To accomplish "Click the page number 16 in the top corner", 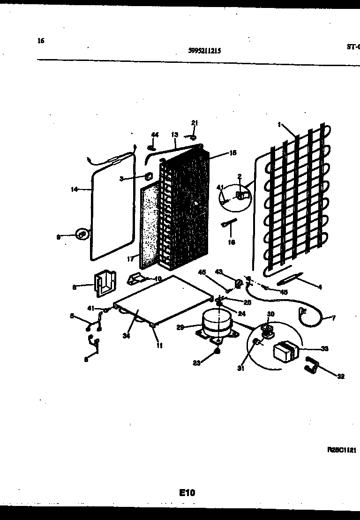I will click(41, 41).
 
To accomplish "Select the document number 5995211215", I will click(204, 51).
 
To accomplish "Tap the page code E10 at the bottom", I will click(187, 492).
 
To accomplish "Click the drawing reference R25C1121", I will click(342, 450).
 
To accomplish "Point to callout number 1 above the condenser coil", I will click(279, 125).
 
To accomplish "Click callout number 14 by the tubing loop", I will click(74, 189).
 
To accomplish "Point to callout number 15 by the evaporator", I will click(220, 152).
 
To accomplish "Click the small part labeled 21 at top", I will click(193, 137).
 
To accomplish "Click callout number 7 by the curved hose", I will click(333, 318).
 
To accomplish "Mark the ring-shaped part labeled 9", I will click(82, 233).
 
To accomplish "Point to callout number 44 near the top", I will click(155, 135).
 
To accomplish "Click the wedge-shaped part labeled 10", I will click(135, 279).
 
